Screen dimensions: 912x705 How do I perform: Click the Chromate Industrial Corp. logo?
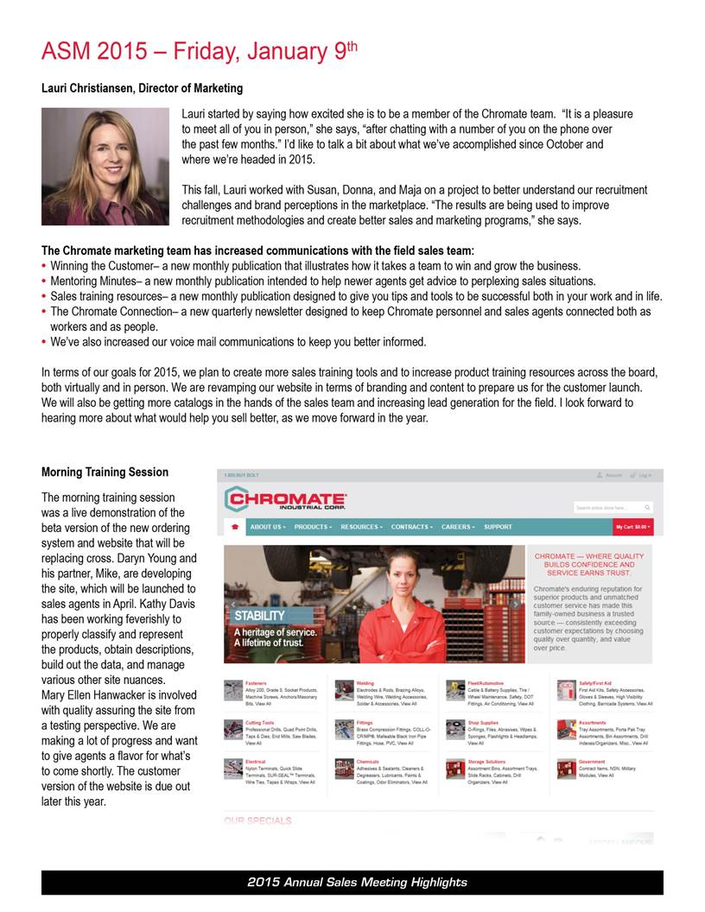[285, 500]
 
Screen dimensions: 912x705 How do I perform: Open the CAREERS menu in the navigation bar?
[458, 527]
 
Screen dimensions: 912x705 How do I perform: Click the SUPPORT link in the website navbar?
[498, 527]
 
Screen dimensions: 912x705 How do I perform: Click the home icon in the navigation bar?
[232, 527]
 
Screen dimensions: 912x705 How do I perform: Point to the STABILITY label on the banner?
[259, 615]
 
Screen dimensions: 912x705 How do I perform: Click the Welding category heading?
[365, 683]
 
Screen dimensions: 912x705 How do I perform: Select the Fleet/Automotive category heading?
[486, 683]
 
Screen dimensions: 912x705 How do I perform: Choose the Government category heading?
[593, 763]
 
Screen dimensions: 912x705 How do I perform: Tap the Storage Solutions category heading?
[487, 763]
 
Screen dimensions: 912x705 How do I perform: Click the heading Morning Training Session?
[105, 472]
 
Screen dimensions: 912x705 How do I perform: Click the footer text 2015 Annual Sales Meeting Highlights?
[356, 883]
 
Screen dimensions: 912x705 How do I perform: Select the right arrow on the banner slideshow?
[516, 604]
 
